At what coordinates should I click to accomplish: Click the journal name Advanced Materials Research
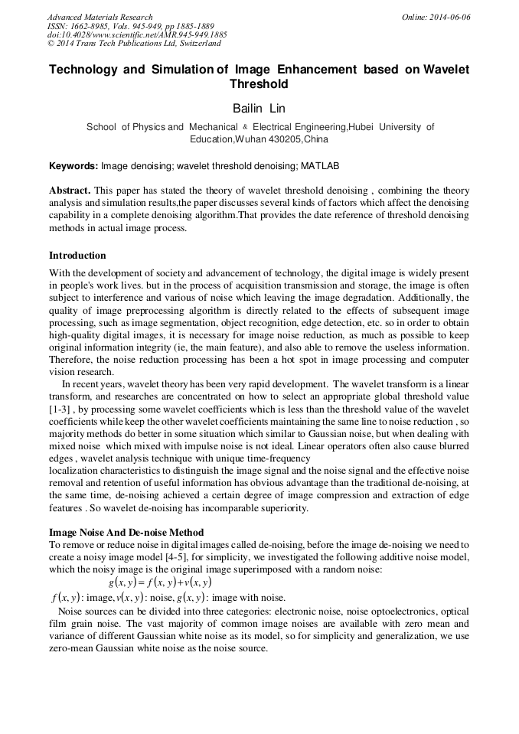point(100,17)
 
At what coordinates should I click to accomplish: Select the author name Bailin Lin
point(259,109)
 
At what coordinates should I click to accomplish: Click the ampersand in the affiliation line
point(245,128)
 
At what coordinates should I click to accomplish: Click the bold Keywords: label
point(73,166)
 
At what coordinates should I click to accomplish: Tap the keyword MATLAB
point(319,166)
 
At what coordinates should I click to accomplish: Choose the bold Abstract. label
point(70,190)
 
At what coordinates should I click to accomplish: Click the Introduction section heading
point(77,255)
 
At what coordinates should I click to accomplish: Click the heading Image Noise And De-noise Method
point(126,532)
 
